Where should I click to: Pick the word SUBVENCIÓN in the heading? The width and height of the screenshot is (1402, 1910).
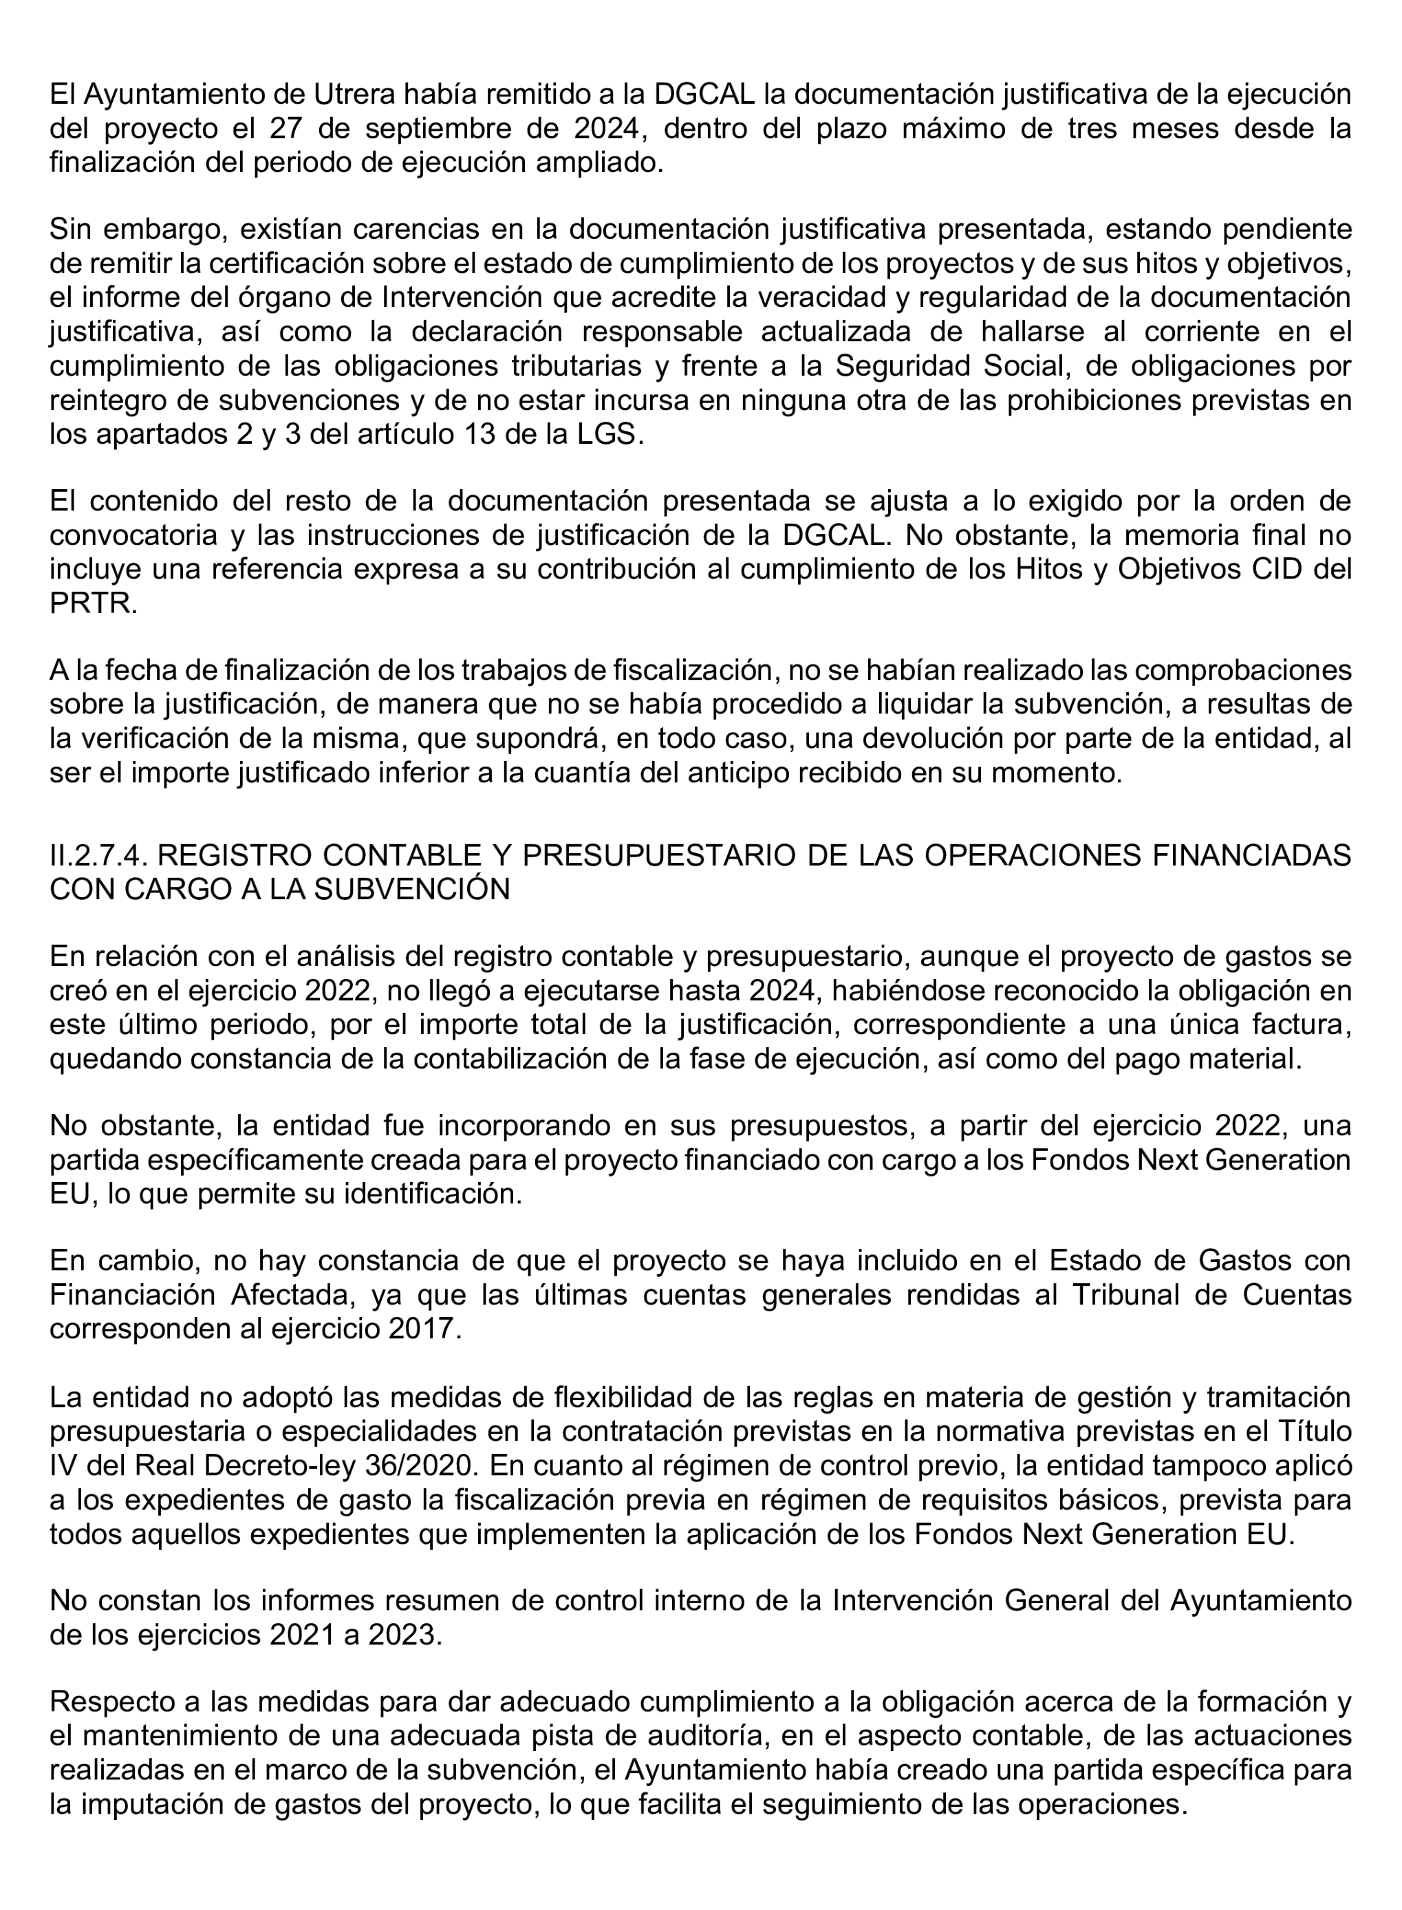413,889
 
